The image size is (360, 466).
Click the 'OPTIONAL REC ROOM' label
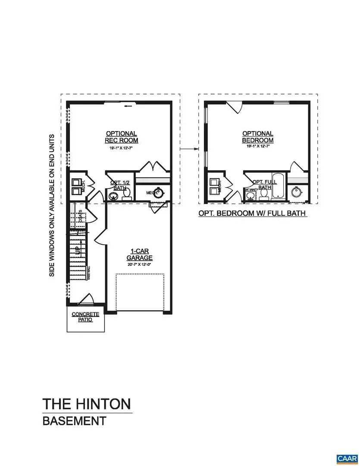(121, 137)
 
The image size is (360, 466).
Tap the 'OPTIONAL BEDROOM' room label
(257, 137)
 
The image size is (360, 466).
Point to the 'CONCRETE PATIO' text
(85, 317)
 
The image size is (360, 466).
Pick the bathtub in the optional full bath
(279, 186)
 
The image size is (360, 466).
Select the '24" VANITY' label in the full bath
(251, 189)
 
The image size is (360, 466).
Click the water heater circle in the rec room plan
(160, 193)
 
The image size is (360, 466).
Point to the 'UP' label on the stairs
(77, 250)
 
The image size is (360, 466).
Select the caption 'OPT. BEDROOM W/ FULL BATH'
(252, 213)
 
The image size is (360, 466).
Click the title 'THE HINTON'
(86, 404)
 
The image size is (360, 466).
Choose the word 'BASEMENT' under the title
(74, 421)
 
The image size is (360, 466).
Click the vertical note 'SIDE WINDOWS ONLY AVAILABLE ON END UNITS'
(52, 205)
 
